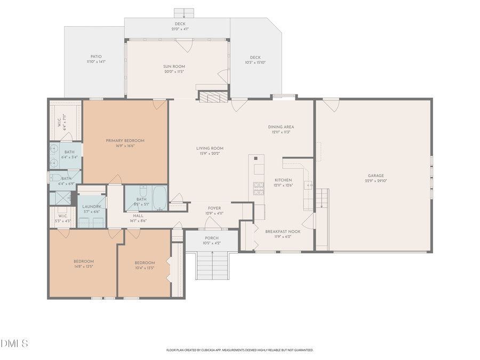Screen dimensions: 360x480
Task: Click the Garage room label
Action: [x=375, y=178]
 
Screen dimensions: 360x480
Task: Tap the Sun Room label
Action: [x=174, y=69]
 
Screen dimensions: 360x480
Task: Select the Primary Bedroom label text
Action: [x=125, y=143]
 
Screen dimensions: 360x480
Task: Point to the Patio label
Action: [x=96, y=59]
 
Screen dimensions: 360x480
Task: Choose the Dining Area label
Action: [x=281, y=129]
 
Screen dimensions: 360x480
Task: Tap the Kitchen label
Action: [x=283, y=182]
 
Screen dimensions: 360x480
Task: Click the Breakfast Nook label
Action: [x=283, y=234]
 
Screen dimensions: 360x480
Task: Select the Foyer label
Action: [x=215, y=211]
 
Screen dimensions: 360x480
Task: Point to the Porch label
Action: [x=212, y=241]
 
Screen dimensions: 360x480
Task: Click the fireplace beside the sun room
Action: [x=213, y=96]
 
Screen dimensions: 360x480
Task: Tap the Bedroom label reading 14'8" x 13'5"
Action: [x=84, y=264]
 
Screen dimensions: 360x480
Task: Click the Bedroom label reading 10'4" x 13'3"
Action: [x=145, y=265]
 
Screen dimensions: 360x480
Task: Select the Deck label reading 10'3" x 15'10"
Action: [x=255, y=60]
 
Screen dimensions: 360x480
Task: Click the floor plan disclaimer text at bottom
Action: [x=240, y=350]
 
